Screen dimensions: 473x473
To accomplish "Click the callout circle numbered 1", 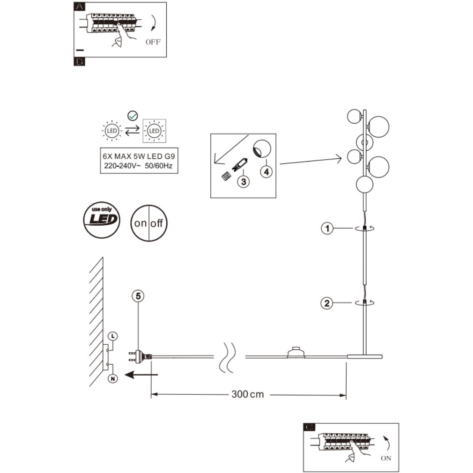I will (x=327, y=229).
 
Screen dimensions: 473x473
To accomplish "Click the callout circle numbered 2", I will (x=327, y=303).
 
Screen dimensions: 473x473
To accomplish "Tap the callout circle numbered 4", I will (x=266, y=171).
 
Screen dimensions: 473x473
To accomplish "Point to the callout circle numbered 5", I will (x=138, y=296).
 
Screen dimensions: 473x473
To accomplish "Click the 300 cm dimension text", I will (x=247, y=394).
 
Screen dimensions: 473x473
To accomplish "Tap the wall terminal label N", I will (x=113, y=378).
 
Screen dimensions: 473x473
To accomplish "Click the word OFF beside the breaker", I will (x=153, y=42).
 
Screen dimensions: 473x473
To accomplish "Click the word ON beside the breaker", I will (x=386, y=458).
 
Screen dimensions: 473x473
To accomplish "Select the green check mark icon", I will (x=133, y=114).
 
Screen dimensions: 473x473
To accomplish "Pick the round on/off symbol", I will (x=149, y=223).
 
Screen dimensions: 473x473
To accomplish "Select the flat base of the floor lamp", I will (x=364, y=357).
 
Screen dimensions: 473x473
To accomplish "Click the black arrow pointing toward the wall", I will (x=145, y=375).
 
